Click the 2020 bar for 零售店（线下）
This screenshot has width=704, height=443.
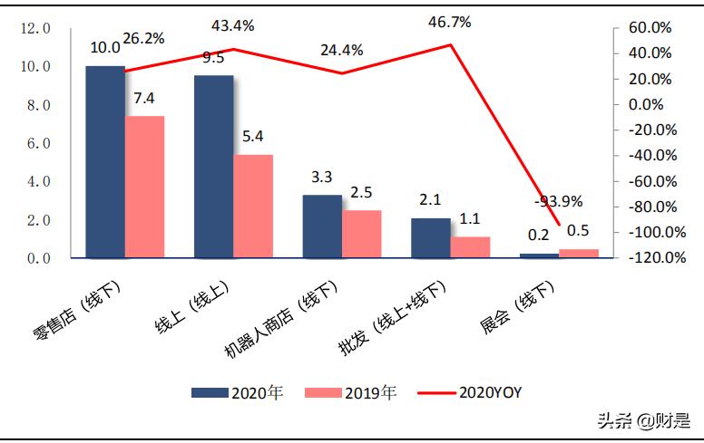pyautogui.click(x=104, y=162)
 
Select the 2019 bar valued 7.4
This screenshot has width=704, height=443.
pyautogui.click(x=144, y=187)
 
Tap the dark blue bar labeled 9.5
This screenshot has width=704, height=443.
pyautogui.click(x=213, y=167)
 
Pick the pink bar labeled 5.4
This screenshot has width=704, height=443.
pyautogui.click(x=253, y=207)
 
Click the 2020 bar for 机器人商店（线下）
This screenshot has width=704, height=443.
pyautogui.click(x=322, y=226)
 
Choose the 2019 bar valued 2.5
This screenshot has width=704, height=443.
pyautogui.click(x=362, y=234)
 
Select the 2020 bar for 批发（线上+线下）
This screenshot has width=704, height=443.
pyautogui.click(x=431, y=238)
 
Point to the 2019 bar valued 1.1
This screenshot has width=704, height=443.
pyautogui.click(x=470, y=247)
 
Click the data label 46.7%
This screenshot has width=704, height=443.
pyautogui.click(x=451, y=22)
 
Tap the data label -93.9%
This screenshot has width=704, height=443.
pyautogui.click(x=559, y=201)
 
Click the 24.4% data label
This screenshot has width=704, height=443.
pyautogui.click(x=341, y=50)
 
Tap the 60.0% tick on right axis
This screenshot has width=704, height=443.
pyautogui.click(x=654, y=29)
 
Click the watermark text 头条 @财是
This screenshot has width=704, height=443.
pyautogui.click(x=642, y=420)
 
